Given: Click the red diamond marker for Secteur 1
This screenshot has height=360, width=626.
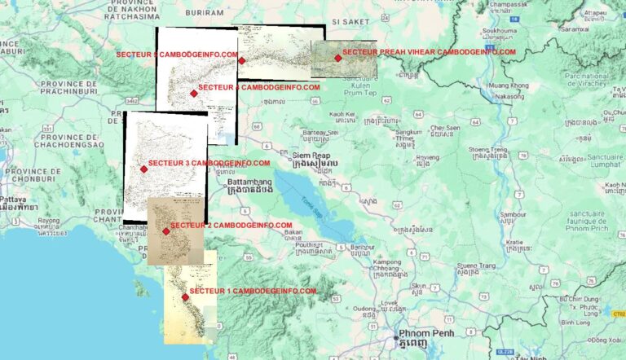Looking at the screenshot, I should point(185,297).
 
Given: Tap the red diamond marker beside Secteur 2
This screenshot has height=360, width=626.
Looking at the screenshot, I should point(165,231).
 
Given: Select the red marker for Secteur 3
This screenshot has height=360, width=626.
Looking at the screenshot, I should point(143,169).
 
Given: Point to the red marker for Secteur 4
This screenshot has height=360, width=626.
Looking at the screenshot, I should point(193,93).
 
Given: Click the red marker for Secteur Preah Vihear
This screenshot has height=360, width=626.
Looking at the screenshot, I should point(337,58).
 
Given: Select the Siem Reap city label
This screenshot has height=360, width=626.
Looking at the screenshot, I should point(312,155).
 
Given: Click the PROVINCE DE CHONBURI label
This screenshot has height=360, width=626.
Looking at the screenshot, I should point(33,175).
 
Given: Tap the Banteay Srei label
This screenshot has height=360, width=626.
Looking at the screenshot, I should point(320,132).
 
